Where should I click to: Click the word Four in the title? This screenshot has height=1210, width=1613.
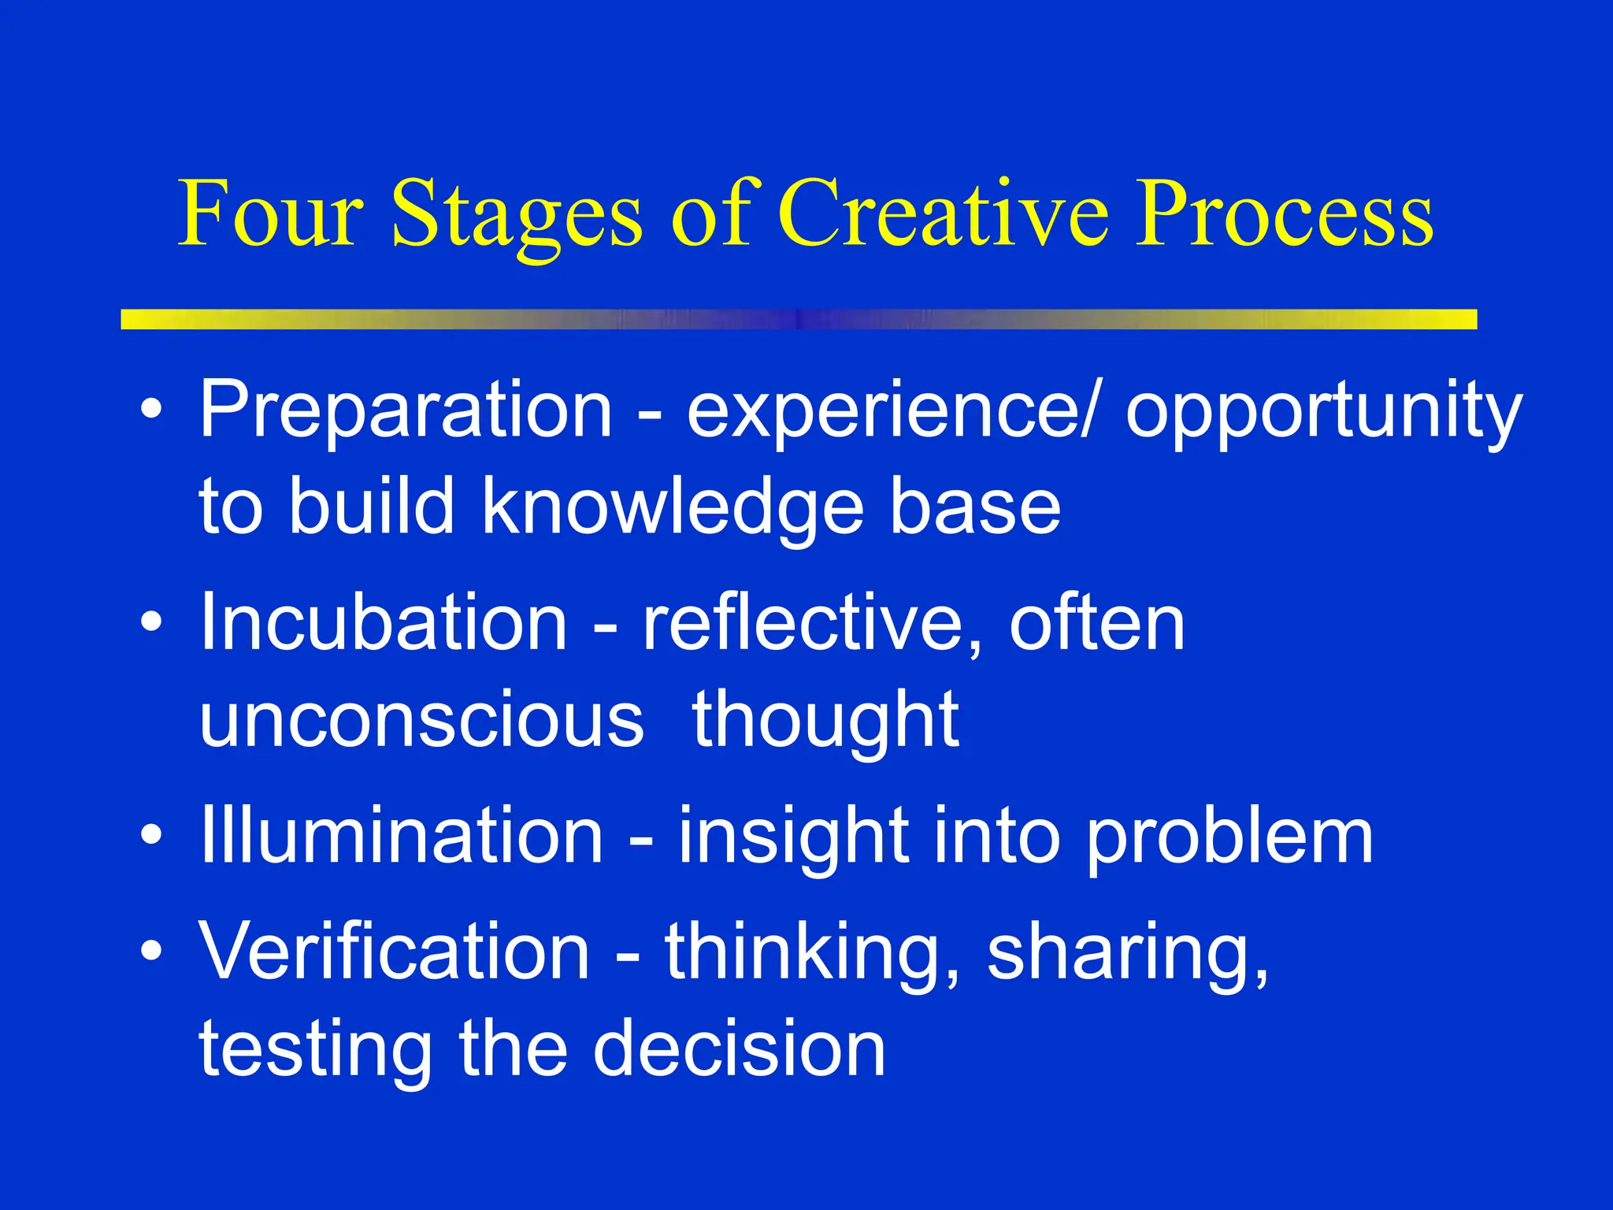point(271,213)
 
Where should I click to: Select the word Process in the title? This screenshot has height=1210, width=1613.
point(1284,213)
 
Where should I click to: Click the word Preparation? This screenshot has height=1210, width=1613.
point(406,410)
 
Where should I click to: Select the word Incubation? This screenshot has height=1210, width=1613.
point(384,622)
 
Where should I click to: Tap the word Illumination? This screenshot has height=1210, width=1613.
point(401,835)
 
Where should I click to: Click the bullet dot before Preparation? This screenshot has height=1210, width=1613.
point(151,410)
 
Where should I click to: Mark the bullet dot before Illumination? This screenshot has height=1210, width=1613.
point(151,835)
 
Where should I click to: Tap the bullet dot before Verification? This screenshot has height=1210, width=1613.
point(151,952)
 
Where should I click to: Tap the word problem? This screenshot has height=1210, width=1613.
point(1229,837)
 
